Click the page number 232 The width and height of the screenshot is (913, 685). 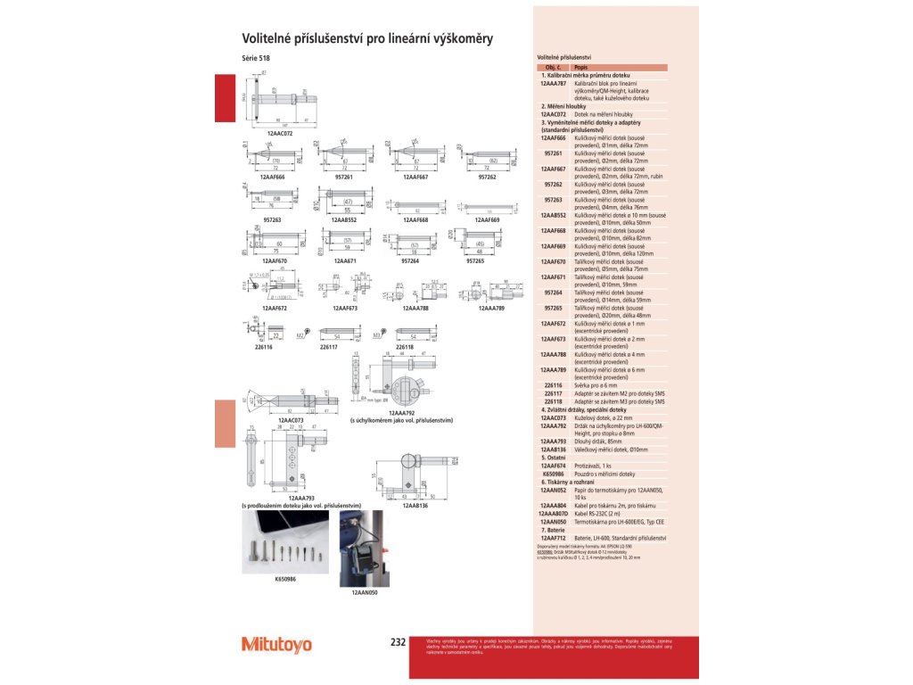[398, 642]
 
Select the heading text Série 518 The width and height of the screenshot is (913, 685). [255, 59]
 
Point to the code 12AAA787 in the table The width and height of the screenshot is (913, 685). [559, 83]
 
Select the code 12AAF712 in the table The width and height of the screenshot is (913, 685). [559, 538]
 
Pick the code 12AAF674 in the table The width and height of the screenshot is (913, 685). [559, 466]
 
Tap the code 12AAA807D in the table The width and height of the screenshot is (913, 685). [558, 514]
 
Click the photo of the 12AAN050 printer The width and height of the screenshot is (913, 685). [366, 547]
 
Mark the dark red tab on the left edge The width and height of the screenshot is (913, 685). [223, 98]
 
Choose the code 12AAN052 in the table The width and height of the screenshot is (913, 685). [559, 491]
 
